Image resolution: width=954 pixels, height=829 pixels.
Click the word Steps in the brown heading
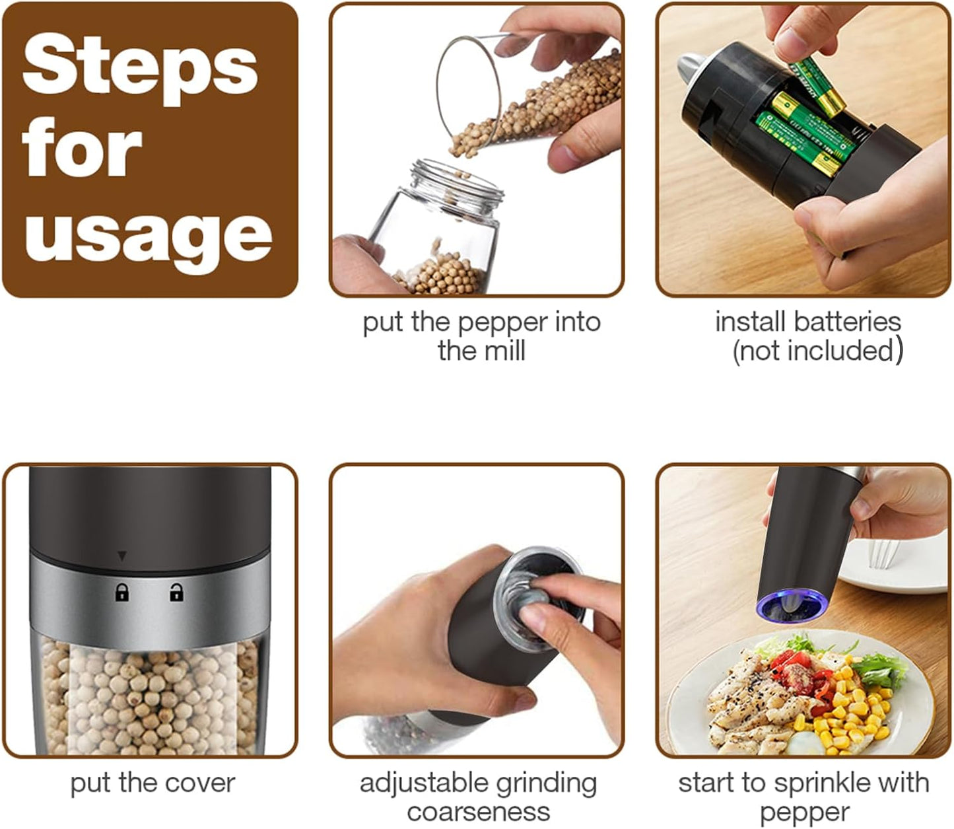tap(140, 69)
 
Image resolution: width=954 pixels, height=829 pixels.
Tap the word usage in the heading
tap(149, 237)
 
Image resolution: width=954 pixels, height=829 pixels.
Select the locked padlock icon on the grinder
tap(122, 593)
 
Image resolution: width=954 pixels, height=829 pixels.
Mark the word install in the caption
tap(750, 322)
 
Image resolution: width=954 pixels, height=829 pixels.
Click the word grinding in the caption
tap(546, 783)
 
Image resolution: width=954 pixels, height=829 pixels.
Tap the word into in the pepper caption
tap(578, 322)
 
